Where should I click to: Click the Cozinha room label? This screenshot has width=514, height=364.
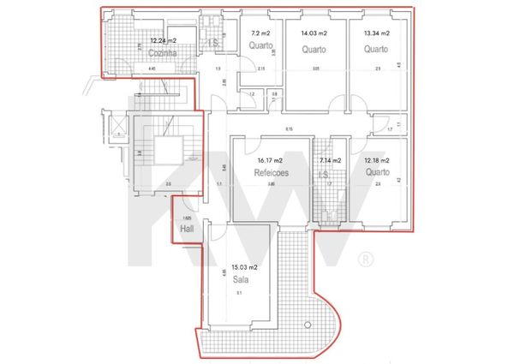click(161, 52)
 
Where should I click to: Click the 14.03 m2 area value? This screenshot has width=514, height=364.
click(314, 33)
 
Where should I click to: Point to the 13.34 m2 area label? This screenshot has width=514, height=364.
click(376, 33)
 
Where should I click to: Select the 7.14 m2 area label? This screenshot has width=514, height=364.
click(330, 160)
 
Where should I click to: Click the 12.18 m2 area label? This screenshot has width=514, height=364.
click(376, 160)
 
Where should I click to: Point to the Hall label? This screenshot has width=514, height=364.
click(187, 230)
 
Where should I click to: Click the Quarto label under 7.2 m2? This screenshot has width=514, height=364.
click(260, 45)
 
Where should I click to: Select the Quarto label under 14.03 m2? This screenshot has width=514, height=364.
click(315, 49)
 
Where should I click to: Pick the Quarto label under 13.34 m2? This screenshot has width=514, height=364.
click(376, 49)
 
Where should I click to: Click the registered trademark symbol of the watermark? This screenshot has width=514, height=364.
click(365, 257)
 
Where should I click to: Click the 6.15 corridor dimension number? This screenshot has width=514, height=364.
click(290, 129)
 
